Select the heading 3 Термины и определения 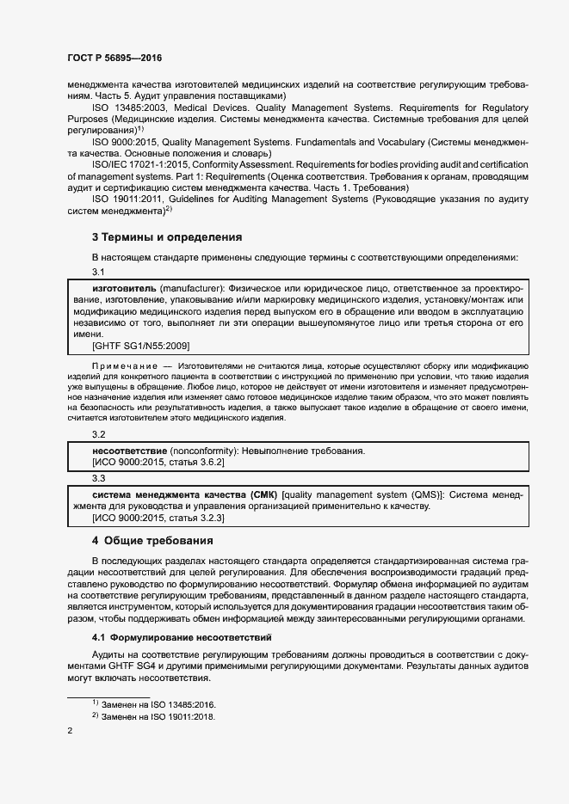[x=166, y=236]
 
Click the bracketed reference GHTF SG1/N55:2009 [x=141, y=345]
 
